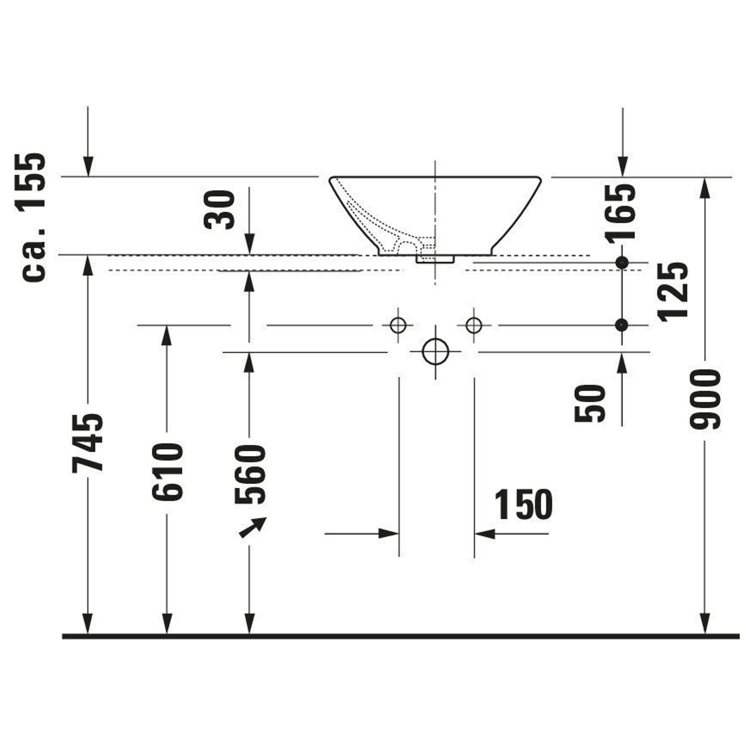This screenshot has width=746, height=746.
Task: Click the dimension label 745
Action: click(88, 443)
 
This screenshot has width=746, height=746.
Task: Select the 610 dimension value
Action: click(167, 472)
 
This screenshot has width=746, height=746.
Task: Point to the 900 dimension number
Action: click(705, 399)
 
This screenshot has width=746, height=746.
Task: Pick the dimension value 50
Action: click(589, 404)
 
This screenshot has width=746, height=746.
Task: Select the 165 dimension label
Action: click(620, 213)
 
